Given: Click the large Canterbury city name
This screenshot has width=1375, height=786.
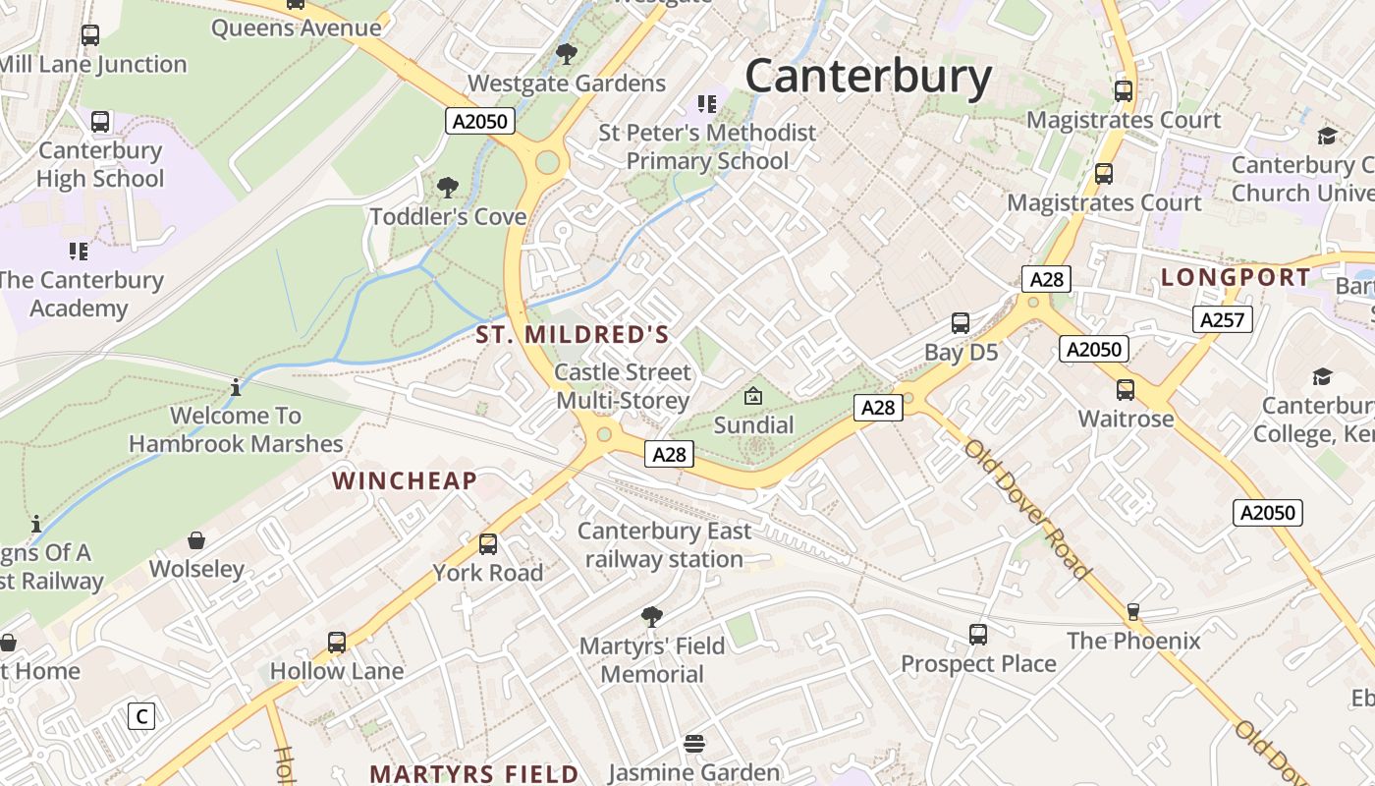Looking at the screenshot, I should pos(868,77).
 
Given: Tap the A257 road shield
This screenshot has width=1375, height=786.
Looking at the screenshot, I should pos(1223,318).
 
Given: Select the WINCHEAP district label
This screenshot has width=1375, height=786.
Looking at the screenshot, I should pos(405,480).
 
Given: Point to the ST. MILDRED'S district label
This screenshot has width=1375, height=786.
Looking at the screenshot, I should pos(573,335).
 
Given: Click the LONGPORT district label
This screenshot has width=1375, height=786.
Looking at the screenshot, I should pos(1236,278).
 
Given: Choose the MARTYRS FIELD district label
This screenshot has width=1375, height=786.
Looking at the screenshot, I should pos(474,773).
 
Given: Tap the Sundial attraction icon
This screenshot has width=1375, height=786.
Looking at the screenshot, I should pos(753,396).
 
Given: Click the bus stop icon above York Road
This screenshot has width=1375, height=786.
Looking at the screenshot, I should pos(488,543).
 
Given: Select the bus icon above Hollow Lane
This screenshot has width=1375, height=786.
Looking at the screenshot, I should pos(337,643).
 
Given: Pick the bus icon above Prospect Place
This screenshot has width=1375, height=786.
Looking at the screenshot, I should pos(978,635).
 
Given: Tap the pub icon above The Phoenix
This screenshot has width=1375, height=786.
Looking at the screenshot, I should pos(1133,612).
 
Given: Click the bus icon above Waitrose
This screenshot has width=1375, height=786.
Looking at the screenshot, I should pos(1126,390).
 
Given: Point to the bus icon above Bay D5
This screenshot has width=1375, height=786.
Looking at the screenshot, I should pos(961,323).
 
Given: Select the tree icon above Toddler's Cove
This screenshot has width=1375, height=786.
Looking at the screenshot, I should pos(448,187).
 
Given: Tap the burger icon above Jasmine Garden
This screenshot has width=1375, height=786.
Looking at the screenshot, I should pos(694,744).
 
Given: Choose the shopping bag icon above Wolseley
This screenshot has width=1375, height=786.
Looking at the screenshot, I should pos(196,540).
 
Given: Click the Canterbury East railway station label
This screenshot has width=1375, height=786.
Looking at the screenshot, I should pos(665,545).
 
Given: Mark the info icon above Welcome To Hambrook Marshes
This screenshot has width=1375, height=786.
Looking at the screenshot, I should pos(236,387).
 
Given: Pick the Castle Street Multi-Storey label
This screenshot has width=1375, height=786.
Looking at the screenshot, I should pos(624,386).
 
